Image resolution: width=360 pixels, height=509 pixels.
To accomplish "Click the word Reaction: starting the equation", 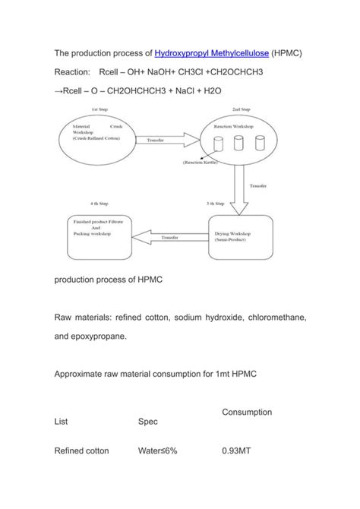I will pos(74,73).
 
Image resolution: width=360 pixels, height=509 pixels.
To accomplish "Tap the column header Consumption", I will pos(247,412).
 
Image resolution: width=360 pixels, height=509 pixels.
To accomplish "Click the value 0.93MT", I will pos(237,451).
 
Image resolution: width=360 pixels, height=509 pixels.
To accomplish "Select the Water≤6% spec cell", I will pos(157,451).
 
